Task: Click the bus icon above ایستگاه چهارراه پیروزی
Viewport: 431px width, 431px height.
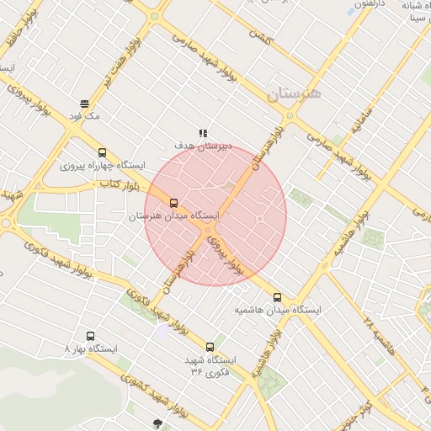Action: pyautogui.click(x=103, y=153)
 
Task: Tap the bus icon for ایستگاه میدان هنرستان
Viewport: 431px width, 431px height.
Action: pyautogui.click(x=174, y=203)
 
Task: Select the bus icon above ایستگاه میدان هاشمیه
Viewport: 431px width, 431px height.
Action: pyautogui.click(x=278, y=297)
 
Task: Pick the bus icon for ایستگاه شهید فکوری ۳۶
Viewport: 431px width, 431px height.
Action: pyautogui.click(x=210, y=347)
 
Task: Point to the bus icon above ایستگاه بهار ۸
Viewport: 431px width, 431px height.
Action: pyautogui.click(x=90, y=336)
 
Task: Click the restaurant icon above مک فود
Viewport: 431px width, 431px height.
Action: pyautogui.click(x=84, y=103)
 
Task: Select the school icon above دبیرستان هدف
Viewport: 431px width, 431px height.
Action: pyautogui.click(x=202, y=133)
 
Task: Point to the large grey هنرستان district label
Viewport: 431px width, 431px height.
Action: pyautogui.click(x=294, y=93)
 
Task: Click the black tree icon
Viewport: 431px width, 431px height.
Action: pyautogui.click(x=157, y=423)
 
